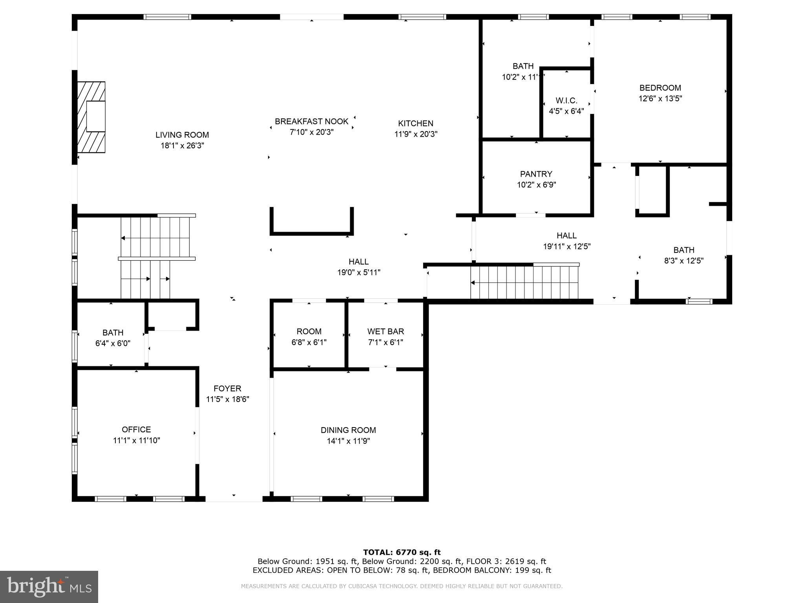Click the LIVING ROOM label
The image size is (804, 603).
click(x=182, y=135)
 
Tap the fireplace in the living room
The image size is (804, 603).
click(x=91, y=117)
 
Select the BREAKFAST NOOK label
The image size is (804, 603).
click(x=312, y=122)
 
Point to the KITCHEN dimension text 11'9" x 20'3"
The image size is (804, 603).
click(x=416, y=134)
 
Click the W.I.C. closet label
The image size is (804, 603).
click(x=566, y=100)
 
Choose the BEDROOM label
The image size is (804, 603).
click(x=660, y=88)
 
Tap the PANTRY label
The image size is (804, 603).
click(x=536, y=174)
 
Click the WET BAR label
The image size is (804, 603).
click(x=386, y=331)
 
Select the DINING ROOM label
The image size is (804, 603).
click(x=348, y=430)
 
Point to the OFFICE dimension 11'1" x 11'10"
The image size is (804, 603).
click(x=137, y=440)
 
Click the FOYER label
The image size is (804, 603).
click(x=227, y=389)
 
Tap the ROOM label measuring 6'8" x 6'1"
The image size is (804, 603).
click(x=309, y=331)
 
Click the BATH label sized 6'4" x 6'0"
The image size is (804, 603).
click(x=113, y=333)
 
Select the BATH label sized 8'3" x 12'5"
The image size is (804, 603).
click(x=684, y=250)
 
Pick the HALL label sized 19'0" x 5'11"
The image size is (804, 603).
click(x=359, y=262)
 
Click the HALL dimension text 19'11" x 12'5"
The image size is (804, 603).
click(x=567, y=247)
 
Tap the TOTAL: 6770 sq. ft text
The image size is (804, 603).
click(x=402, y=552)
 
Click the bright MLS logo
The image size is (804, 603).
click(x=49, y=587)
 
